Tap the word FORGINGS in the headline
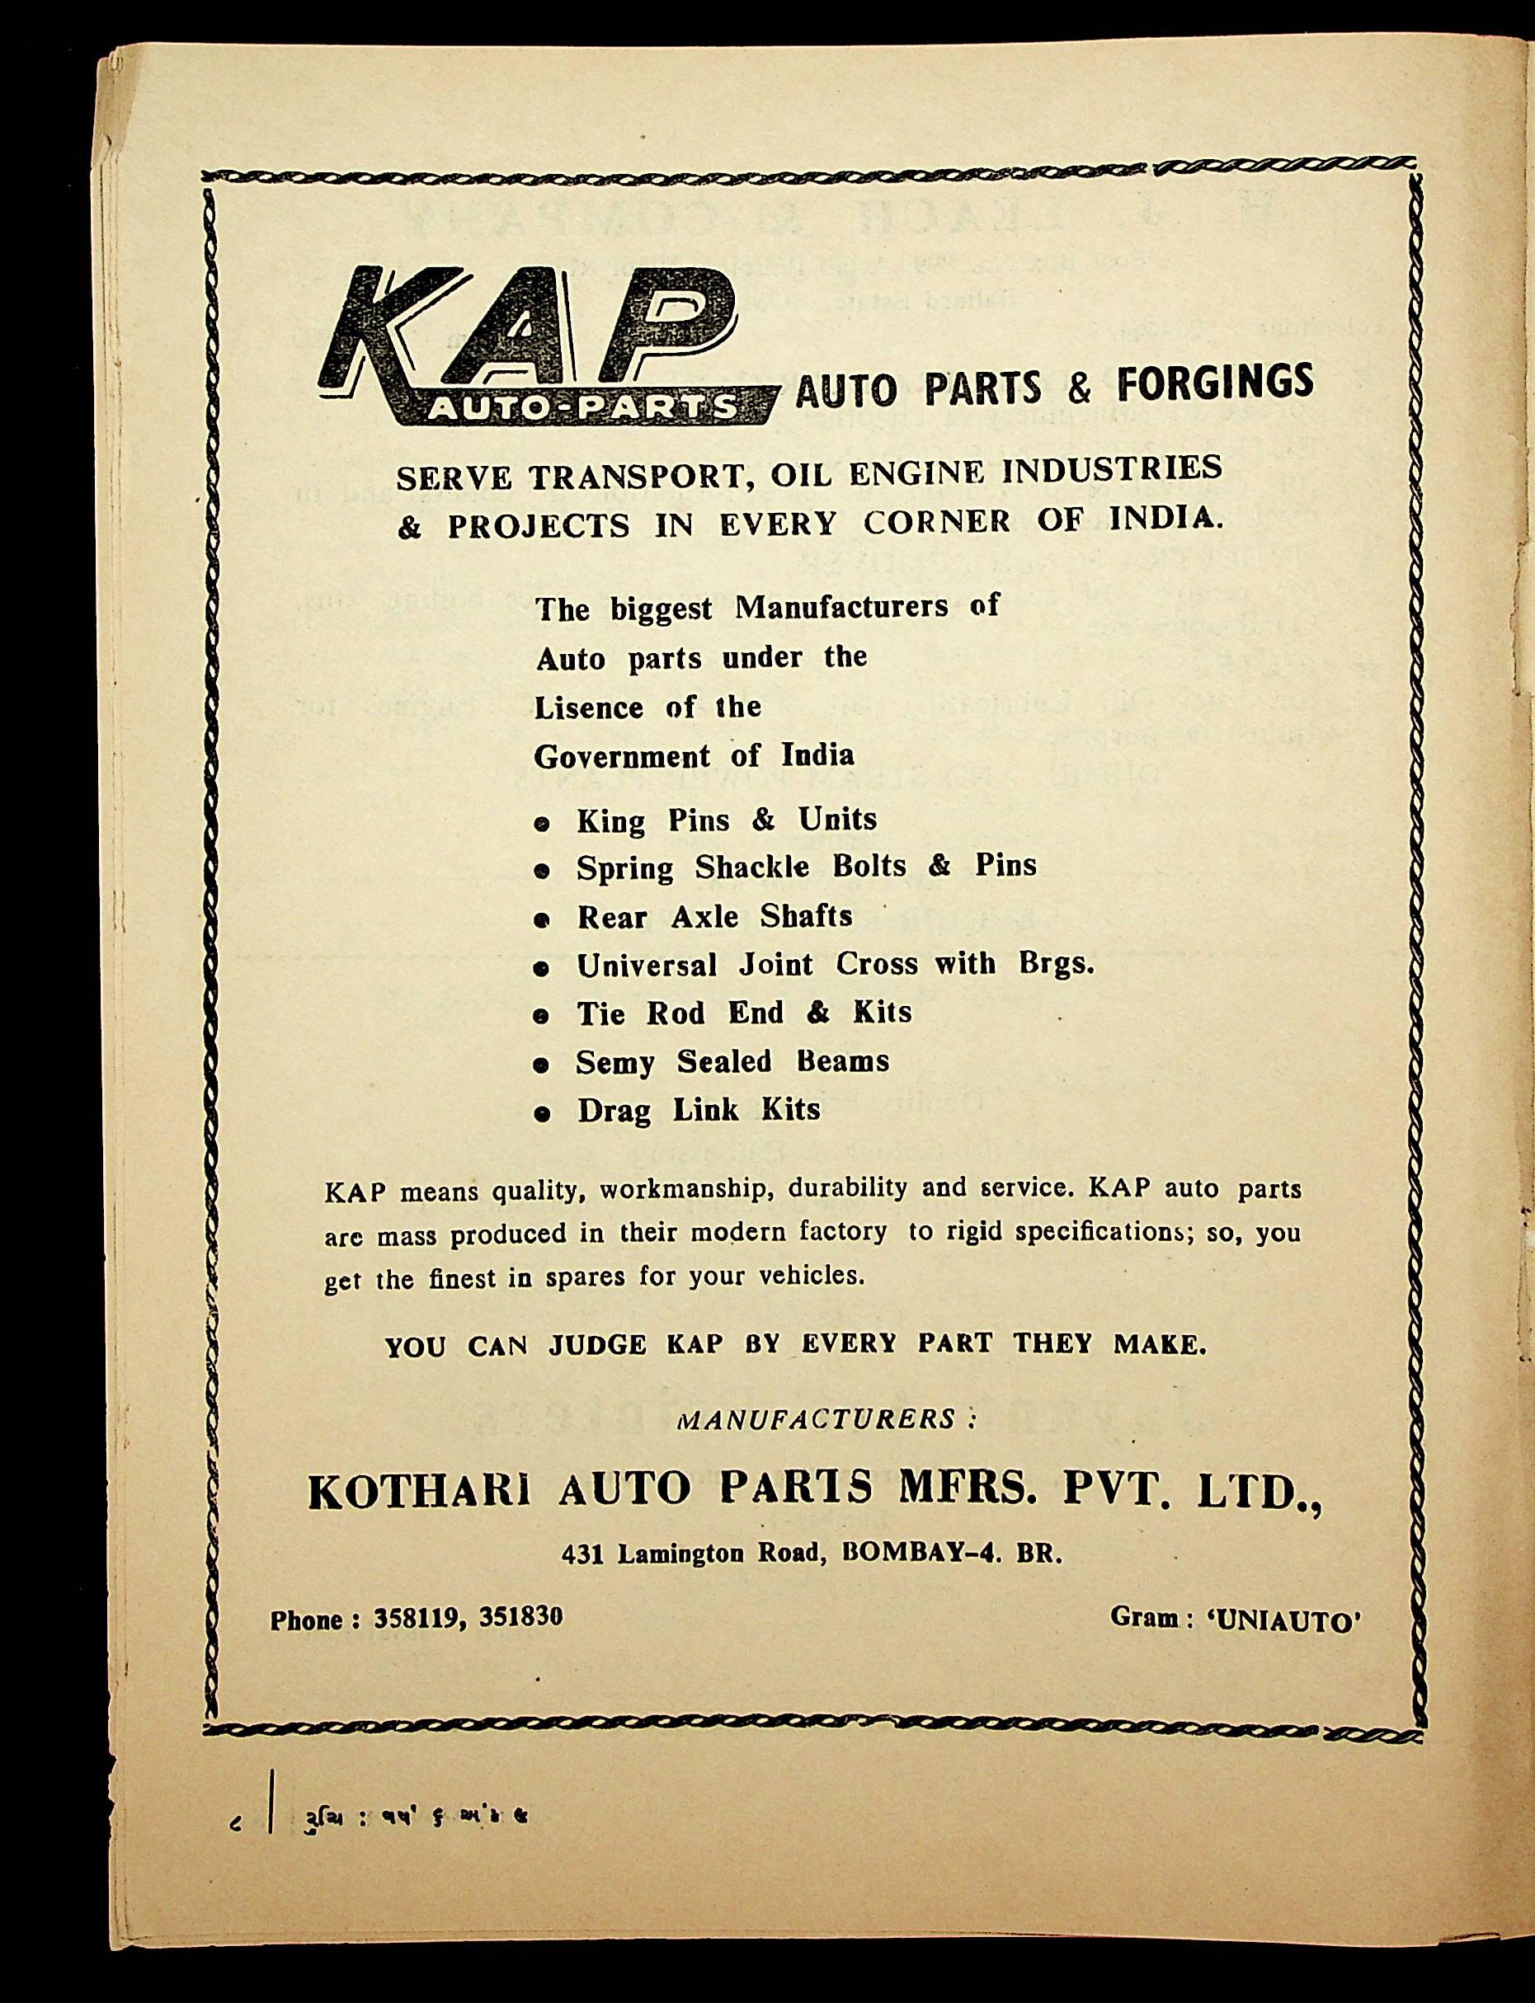click(x=1214, y=385)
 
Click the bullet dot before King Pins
click(x=542, y=824)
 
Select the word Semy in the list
click(x=614, y=1063)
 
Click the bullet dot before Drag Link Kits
click(x=542, y=1114)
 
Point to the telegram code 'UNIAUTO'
click(x=1284, y=1620)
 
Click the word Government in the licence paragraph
click(x=621, y=757)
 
